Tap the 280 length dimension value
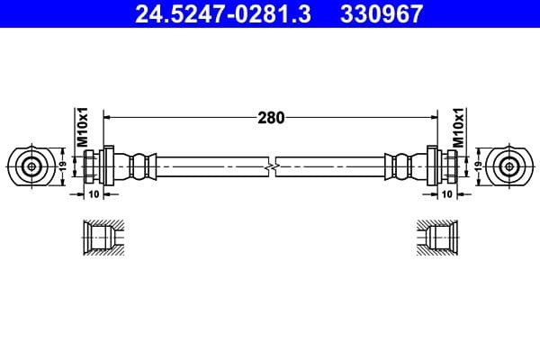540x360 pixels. pos(271,117)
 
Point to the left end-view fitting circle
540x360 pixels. pos(32,166)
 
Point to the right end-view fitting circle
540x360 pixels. pos(510,166)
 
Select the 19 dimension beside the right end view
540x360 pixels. pos(478,166)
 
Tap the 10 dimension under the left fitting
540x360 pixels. pos(94,194)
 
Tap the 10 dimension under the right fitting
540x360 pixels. pos(447,194)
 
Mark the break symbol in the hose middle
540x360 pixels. pos(271,167)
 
